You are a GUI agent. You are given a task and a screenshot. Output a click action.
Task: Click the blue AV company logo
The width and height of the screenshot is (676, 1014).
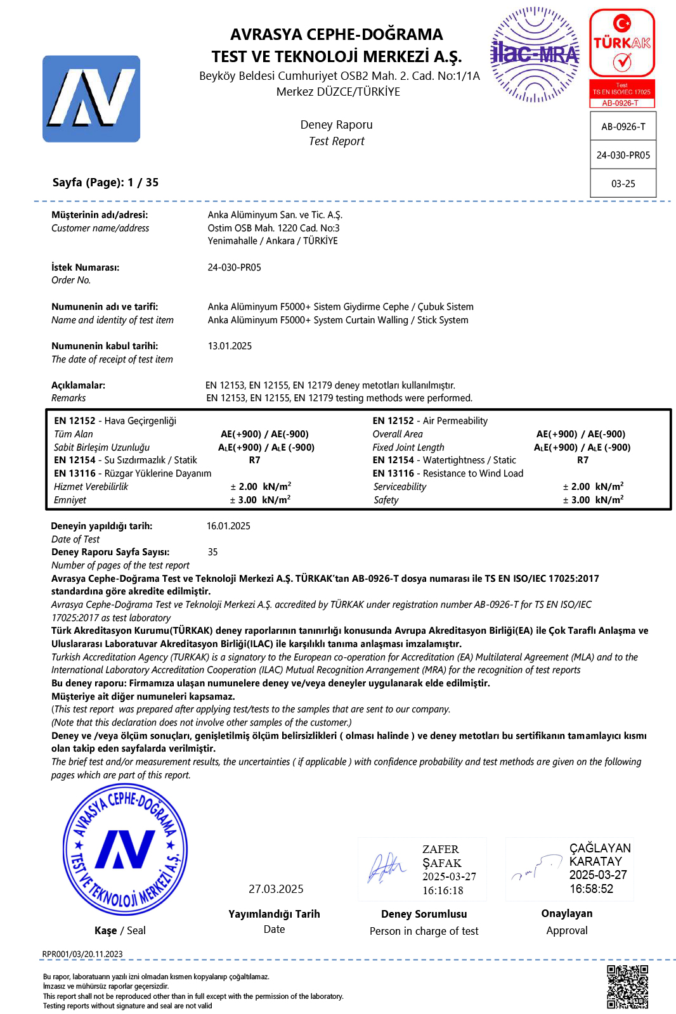tap(91, 99)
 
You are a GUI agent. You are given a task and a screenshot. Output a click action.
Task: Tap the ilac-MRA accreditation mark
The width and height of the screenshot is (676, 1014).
tap(535, 55)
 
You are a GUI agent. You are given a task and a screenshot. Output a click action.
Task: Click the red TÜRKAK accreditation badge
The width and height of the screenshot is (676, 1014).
tap(621, 57)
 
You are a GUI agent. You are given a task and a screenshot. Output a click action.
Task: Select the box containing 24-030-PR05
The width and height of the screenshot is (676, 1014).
tap(623, 155)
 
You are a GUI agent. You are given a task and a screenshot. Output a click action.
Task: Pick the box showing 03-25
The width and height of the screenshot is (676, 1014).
tap(623, 183)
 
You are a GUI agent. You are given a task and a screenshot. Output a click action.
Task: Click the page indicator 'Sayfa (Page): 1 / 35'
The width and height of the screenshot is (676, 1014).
tap(105, 183)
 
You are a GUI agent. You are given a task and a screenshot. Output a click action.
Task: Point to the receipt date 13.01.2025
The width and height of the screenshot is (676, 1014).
tap(230, 346)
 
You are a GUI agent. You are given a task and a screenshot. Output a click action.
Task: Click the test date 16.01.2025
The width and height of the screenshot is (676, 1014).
tap(228, 526)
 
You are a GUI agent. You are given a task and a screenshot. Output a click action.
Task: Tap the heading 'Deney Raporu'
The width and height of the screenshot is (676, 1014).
tap(336, 125)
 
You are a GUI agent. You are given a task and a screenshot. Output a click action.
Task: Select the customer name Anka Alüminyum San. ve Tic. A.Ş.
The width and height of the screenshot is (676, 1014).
tap(275, 215)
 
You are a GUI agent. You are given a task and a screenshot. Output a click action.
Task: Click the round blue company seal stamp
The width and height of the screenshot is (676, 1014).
tap(125, 849)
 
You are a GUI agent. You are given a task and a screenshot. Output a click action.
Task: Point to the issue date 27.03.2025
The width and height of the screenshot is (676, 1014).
tap(276, 889)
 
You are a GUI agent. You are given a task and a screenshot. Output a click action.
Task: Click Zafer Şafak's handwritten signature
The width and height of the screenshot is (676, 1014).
tap(386, 868)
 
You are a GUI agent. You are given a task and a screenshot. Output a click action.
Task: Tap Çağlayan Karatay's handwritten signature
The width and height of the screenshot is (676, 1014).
tap(536, 868)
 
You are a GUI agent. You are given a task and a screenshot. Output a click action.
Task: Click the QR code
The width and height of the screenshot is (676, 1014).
tap(627, 987)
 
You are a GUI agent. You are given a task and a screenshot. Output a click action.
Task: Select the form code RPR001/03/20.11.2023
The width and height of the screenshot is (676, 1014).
tap(82, 954)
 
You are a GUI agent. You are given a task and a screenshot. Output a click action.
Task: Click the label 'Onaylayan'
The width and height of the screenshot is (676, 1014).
tap(567, 913)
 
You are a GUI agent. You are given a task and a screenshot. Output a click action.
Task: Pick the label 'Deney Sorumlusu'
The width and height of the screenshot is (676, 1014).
tap(424, 914)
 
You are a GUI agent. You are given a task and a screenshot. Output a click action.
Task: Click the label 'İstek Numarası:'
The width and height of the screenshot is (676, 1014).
tap(85, 267)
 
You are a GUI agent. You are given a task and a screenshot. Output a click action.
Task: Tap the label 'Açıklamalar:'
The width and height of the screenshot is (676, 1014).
tap(78, 385)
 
